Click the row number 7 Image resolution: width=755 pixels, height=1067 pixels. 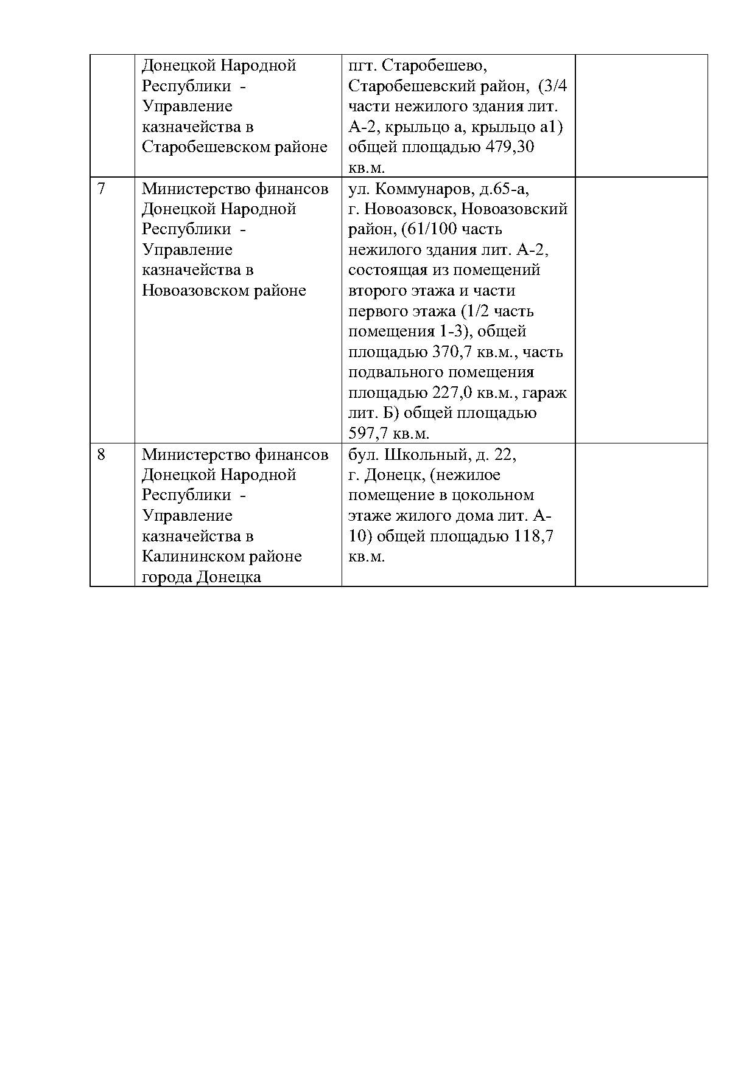(101, 189)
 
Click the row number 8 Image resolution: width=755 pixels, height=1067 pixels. (101, 454)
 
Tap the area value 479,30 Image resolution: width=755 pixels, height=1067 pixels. (510, 147)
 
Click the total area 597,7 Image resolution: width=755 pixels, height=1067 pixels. (371, 434)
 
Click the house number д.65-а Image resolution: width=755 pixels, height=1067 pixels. (504, 189)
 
